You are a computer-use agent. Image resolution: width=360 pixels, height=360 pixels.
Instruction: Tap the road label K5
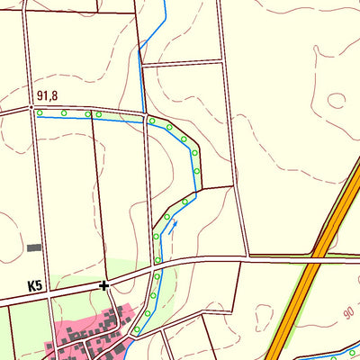tap(35, 286)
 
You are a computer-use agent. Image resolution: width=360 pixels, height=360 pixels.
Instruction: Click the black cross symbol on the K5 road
tap(104, 285)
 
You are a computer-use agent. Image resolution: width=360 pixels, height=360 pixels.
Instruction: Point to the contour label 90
tap(348, 311)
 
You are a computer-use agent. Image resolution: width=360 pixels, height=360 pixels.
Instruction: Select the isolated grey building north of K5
tap(34, 247)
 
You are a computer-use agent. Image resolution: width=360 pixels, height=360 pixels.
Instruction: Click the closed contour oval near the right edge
tap(337, 100)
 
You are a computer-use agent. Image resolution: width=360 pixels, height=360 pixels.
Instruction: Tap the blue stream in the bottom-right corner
tap(328, 349)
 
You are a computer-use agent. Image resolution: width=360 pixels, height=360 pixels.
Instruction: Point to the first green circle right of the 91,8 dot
tap(41, 112)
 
